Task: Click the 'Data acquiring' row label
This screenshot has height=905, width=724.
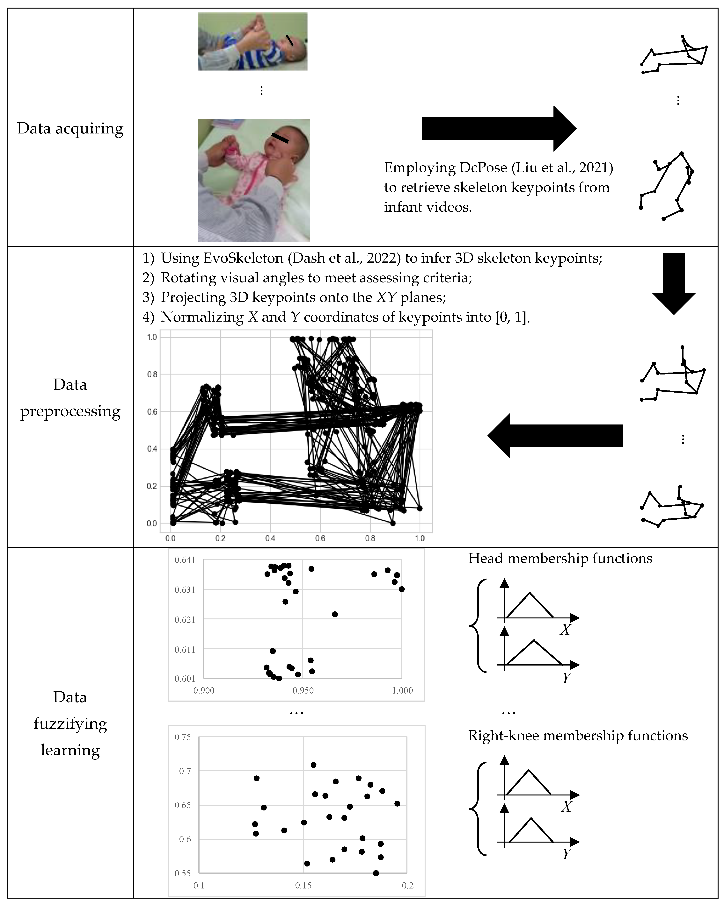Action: point(70,128)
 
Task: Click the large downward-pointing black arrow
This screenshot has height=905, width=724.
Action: point(674,283)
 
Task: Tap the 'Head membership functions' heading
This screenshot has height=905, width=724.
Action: point(560,558)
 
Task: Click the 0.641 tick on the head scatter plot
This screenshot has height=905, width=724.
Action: point(185,560)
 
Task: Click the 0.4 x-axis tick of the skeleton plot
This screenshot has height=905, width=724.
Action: point(270,538)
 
